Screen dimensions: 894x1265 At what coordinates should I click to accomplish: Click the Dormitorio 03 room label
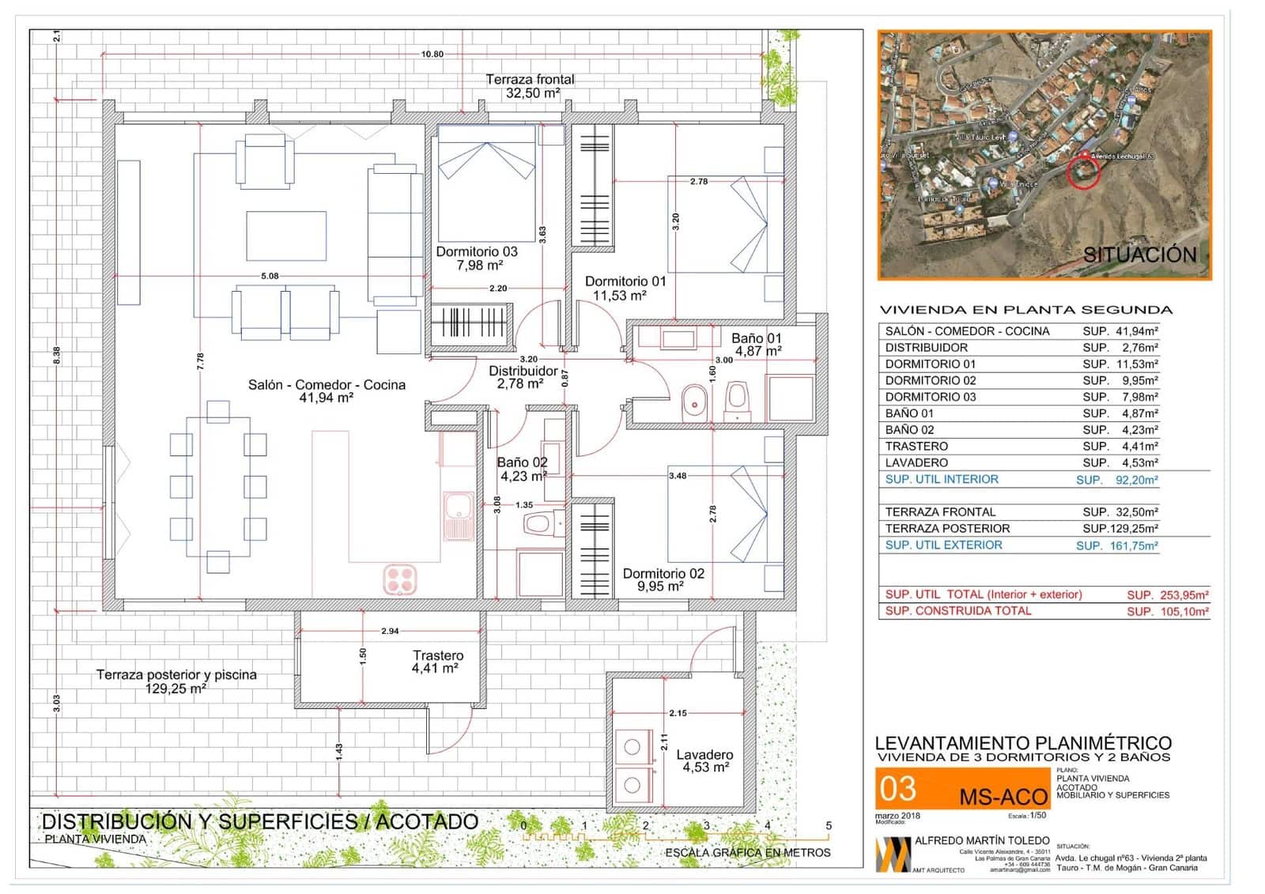coord(477,252)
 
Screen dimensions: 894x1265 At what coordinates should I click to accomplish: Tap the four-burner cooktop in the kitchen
coord(400,579)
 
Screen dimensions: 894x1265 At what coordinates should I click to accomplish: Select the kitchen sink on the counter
coord(458,515)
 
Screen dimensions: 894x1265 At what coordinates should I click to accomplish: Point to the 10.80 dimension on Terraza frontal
coord(432,55)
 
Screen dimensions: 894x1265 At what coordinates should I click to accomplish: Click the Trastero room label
coord(438,656)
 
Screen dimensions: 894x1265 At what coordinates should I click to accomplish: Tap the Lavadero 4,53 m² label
coord(705,761)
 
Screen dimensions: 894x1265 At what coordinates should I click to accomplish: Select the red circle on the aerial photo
coord(1083,172)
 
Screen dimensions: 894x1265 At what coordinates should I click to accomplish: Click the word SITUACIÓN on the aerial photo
coord(1139,255)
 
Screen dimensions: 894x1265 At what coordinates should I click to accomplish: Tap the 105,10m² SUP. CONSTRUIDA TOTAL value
coord(1183,611)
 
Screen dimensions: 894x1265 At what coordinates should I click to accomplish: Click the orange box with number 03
coord(898,789)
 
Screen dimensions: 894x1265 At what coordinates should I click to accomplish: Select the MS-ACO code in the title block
coord(1003,797)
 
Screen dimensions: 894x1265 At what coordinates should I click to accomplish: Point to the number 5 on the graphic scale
coord(829,826)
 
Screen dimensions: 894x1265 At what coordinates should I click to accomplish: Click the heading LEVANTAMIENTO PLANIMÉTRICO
coord(1023,743)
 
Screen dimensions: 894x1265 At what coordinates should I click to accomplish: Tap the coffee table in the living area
coord(286,236)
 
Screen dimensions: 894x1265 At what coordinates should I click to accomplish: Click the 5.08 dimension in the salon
coord(270,276)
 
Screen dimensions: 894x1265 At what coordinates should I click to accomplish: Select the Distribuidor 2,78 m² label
coord(523,377)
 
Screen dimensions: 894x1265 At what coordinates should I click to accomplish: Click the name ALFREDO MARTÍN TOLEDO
coord(982,841)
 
